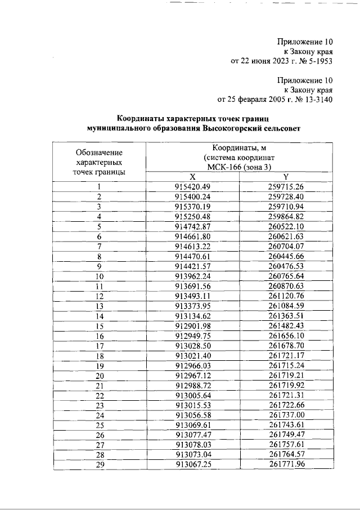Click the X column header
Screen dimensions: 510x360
192,176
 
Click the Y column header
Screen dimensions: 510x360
286,176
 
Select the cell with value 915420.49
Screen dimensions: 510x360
192,186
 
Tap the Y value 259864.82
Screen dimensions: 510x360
286,216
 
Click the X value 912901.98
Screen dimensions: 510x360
192,326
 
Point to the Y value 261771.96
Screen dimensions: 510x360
286,465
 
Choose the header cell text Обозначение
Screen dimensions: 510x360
99,152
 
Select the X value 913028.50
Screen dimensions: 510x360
192,346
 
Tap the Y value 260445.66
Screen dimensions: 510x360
286,256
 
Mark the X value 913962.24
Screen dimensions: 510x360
192,276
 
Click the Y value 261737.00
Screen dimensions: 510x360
286,415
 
